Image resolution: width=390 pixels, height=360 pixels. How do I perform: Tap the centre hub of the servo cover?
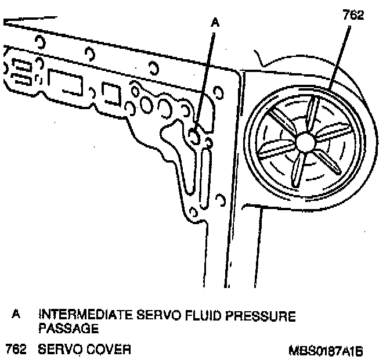(x=304, y=142)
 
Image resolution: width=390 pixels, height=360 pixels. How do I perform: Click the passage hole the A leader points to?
(x=194, y=135)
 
